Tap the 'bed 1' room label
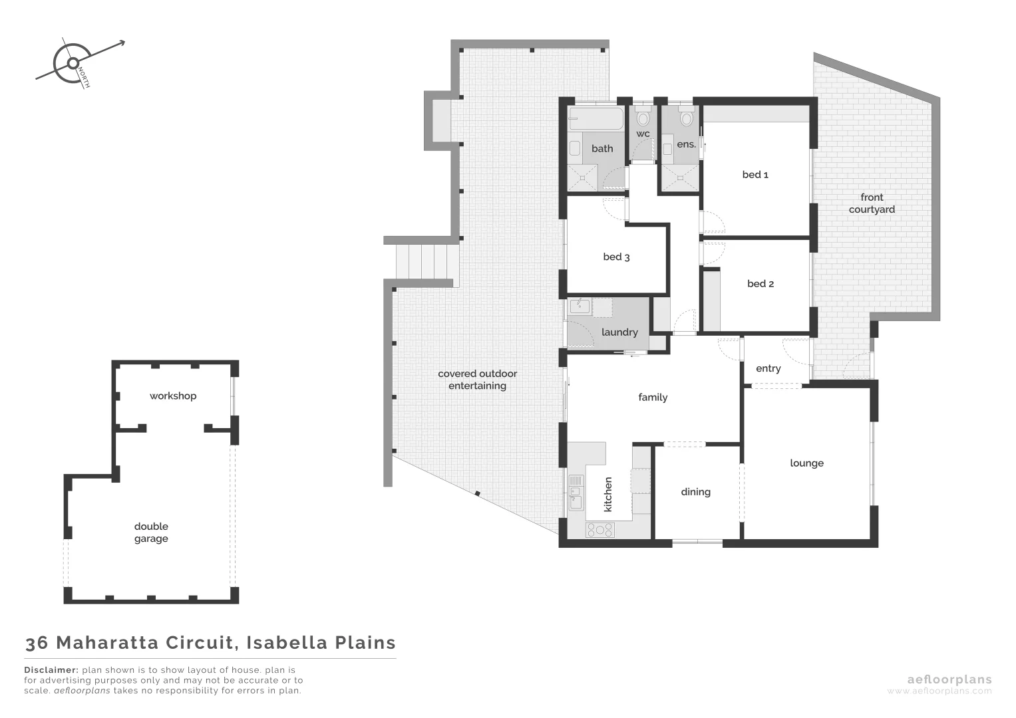pyautogui.click(x=755, y=175)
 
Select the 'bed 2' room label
pyautogui.click(x=761, y=284)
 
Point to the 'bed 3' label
pyautogui.click(x=616, y=257)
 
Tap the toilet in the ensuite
pyautogui.click(x=687, y=118)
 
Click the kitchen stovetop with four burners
pyautogui.click(x=599, y=530)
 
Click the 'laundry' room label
pyautogui.click(x=619, y=332)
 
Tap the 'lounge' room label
pyautogui.click(x=806, y=463)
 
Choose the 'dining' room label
pyautogui.click(x=695, y=492)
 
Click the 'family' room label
pyautogui.click(x=653, y=398)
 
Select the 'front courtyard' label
pyautogui.click(x=872, y=203)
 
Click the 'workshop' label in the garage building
pyautogui.click(x=173, y=396)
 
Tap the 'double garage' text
pyautogui.click(x=151, y=533)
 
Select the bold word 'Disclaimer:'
pyautogui.click(x=51, y=670)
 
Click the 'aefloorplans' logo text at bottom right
pyautogui.click(x=949, y=679)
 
